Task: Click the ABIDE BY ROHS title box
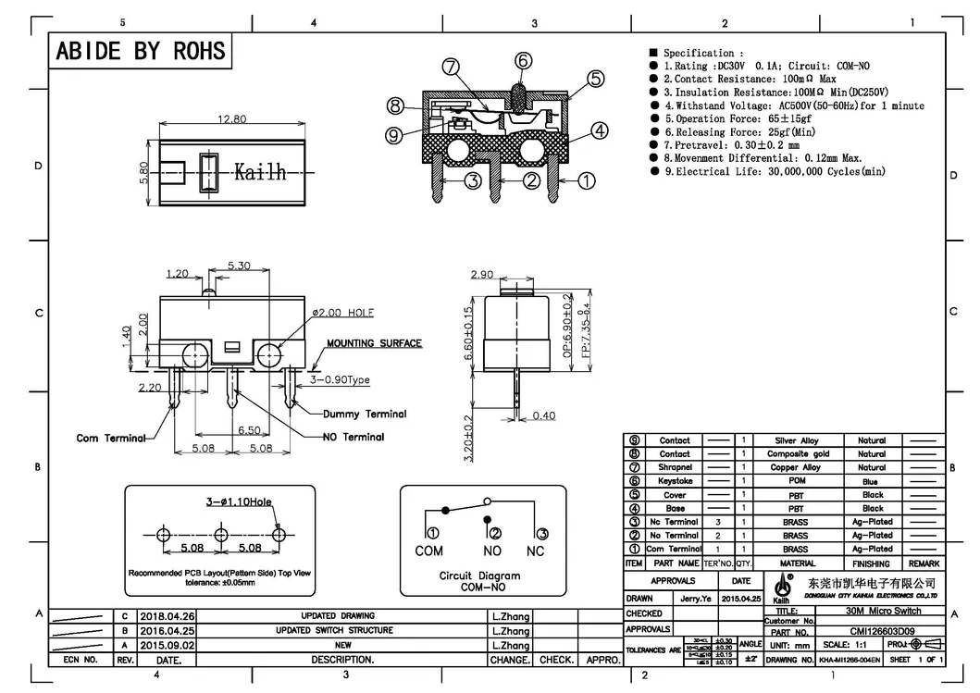coord(141,51)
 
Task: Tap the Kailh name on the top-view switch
coord(259,172)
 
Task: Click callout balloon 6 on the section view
coord(523,61)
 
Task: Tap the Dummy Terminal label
coord(365,414)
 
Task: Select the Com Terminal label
coord(111,438)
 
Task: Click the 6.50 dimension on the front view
coord(249,431)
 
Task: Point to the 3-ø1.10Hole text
coord(239,501)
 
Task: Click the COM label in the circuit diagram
coord(428,551)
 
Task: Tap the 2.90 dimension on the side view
coord(482,275)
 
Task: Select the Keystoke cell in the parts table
coord(675,481)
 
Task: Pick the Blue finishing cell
coord(872,481)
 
